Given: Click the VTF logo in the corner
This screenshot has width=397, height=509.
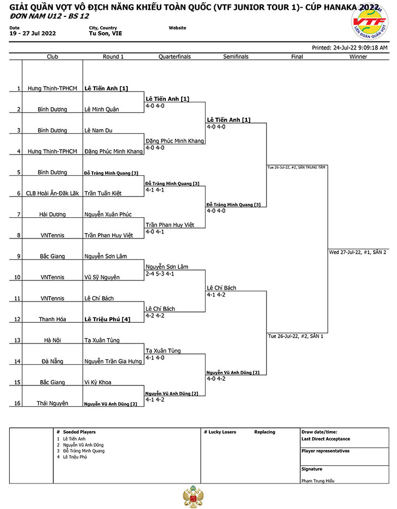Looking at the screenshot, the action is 370,22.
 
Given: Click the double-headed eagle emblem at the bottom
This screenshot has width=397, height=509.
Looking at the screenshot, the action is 193,496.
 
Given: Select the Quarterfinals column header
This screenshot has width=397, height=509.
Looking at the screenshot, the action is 175,57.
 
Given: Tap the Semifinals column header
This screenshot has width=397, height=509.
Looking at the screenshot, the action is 235,57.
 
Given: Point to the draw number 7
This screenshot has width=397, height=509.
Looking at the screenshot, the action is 18,214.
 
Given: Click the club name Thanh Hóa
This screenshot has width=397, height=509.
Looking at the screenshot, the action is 52,319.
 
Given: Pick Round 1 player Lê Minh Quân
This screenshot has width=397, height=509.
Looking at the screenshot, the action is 102,109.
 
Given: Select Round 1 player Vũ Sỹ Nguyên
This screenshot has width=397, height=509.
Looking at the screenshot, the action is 102,277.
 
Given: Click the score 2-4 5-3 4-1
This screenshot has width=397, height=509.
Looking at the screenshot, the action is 159,274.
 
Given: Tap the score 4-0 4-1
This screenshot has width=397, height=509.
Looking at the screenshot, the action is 154,232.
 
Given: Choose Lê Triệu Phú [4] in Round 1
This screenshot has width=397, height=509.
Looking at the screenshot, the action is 107,319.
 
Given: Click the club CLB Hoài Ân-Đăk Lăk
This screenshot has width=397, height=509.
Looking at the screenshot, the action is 52,193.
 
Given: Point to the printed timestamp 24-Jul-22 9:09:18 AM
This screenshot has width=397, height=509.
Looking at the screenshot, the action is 361,48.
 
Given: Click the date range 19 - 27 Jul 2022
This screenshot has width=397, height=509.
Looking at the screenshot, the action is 33,33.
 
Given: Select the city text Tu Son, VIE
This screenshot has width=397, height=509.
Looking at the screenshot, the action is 106,33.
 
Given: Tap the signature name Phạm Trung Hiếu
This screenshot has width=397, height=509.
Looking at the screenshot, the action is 318,481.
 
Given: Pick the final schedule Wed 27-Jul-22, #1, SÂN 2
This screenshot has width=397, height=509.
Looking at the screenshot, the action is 357,252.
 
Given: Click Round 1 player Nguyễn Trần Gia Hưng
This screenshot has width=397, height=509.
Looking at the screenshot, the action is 113,361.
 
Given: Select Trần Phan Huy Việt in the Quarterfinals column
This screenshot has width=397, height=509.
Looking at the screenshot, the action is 170,225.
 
